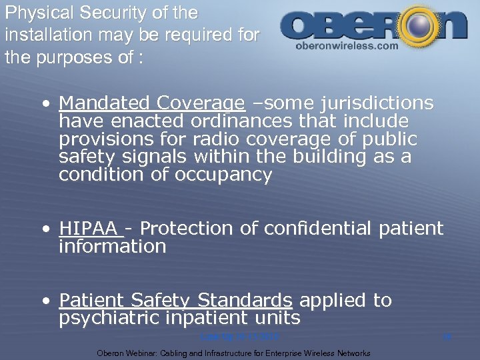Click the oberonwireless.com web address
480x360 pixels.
pyautogui.click(x=346, y=47)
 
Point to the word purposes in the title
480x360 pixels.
pyautogui.click(x=90, y=57)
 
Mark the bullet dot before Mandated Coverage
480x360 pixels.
pyautogui.click(x=44, y=105)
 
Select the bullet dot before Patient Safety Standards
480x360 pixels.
pyautogui.click(x=44, y=302)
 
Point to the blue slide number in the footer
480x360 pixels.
pyautogui.click(x=447, y=338)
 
